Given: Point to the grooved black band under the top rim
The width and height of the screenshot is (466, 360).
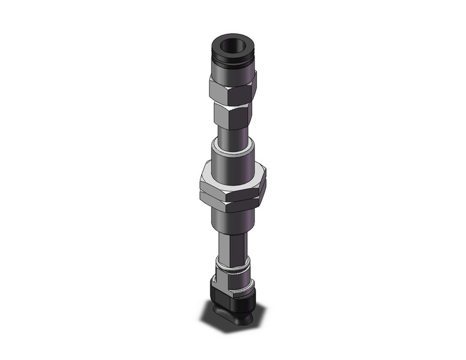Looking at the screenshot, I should tap(232, 61).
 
